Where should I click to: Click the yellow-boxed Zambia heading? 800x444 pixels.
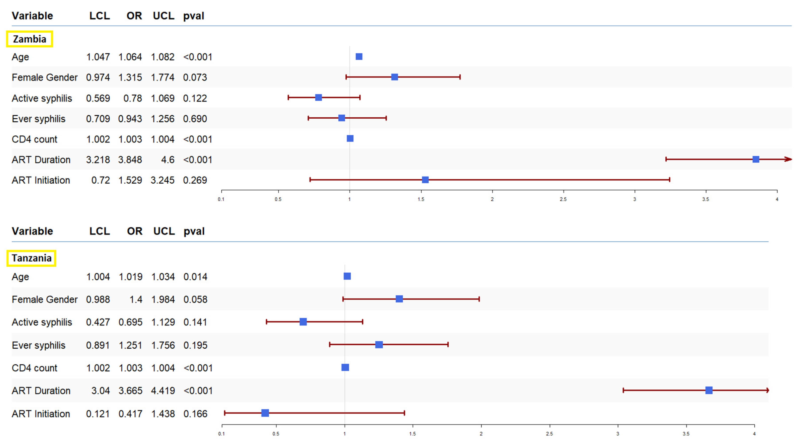tap(29, 39)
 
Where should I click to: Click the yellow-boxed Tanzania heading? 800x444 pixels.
tap(31, 258)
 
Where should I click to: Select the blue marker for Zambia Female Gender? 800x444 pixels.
tap(394, 77)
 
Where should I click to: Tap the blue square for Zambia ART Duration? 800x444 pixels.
tap(756, 159)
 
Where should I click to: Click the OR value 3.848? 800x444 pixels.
tap(130, 160)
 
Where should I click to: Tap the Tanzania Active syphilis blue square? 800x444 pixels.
tap(303, 322)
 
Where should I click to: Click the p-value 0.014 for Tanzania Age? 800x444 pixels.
tap(195, 277)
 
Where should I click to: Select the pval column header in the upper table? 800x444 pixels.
tap(194, 16)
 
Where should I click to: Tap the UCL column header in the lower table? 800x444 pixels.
tap(164, 231)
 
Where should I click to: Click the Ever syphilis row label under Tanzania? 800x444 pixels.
tap(38, 345)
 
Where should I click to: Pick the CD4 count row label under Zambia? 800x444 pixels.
tap(35, 139)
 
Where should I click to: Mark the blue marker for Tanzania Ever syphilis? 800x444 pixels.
tap(379, 344)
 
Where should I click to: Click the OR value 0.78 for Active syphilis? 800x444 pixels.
tap(133, 98)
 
